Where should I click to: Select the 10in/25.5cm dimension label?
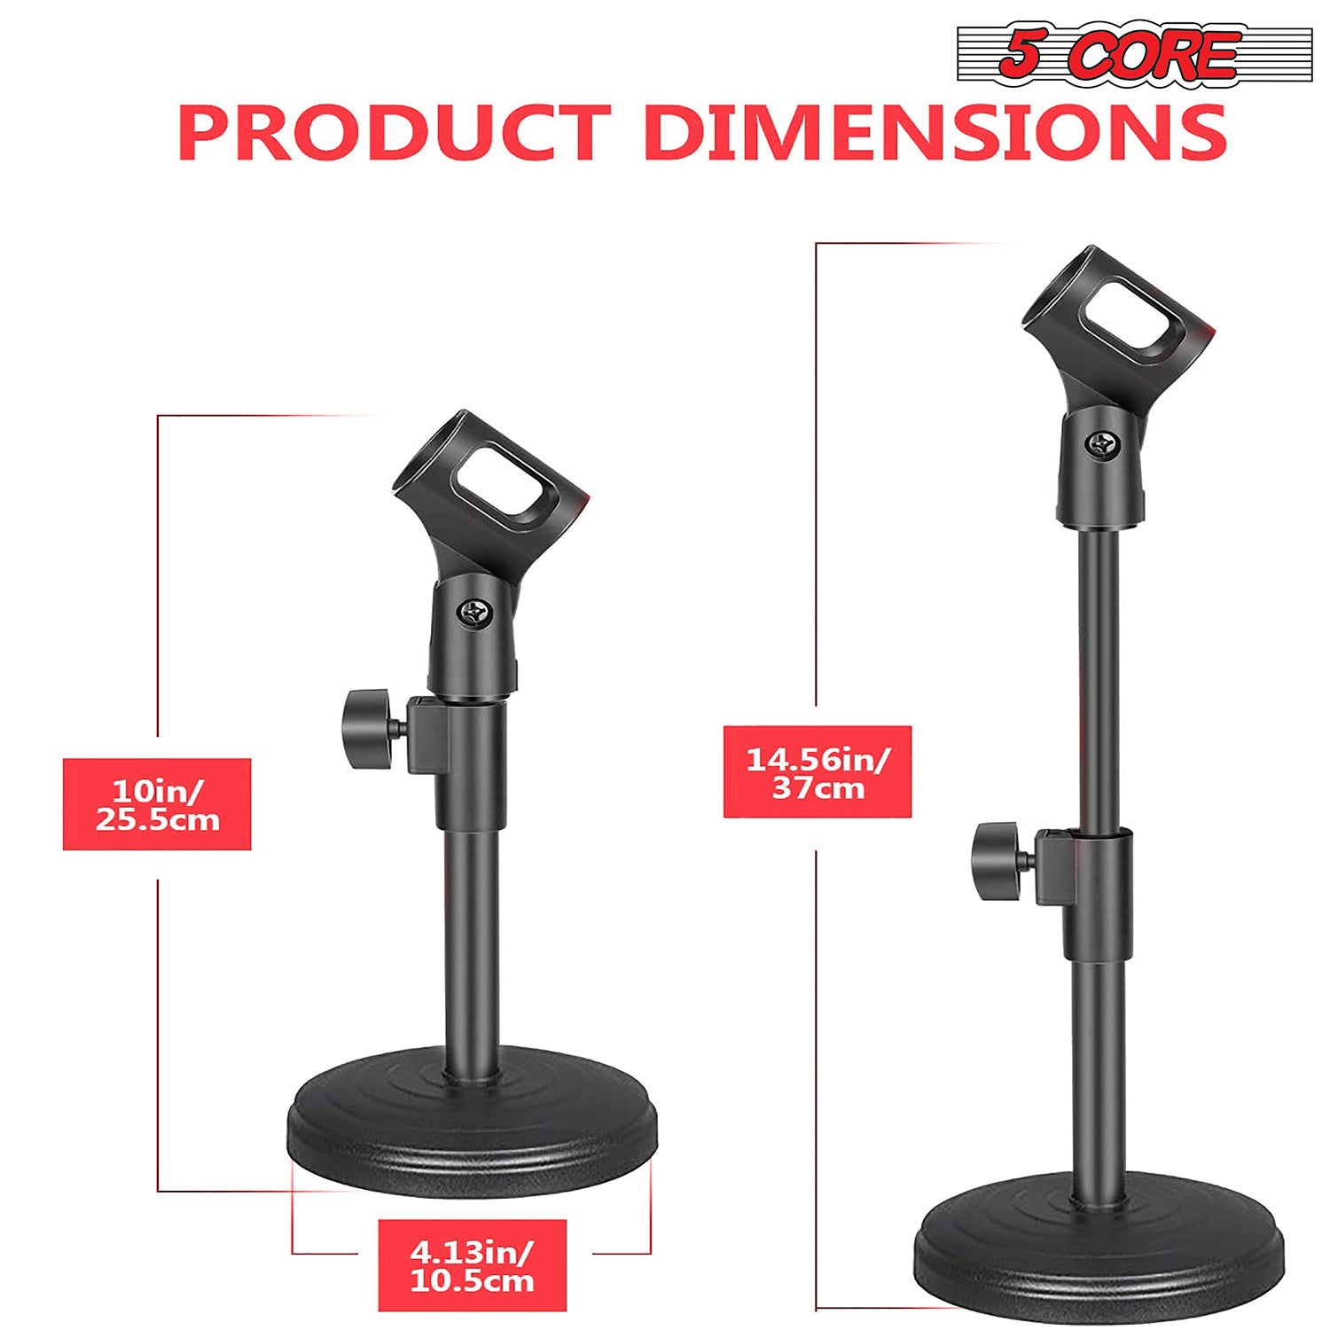pos(157,804)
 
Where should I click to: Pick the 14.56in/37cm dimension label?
pos(817,772)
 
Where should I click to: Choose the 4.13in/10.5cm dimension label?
pos(472,1265)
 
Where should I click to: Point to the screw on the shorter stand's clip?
pos(476,613)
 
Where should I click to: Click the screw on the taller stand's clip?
pos(1104,444)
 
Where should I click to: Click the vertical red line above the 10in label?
pos(158,576)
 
